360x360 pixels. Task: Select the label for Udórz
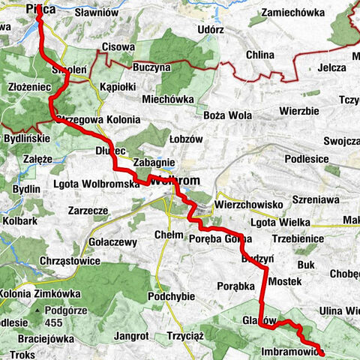coord(211,28)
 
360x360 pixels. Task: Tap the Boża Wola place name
coord(226,115)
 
